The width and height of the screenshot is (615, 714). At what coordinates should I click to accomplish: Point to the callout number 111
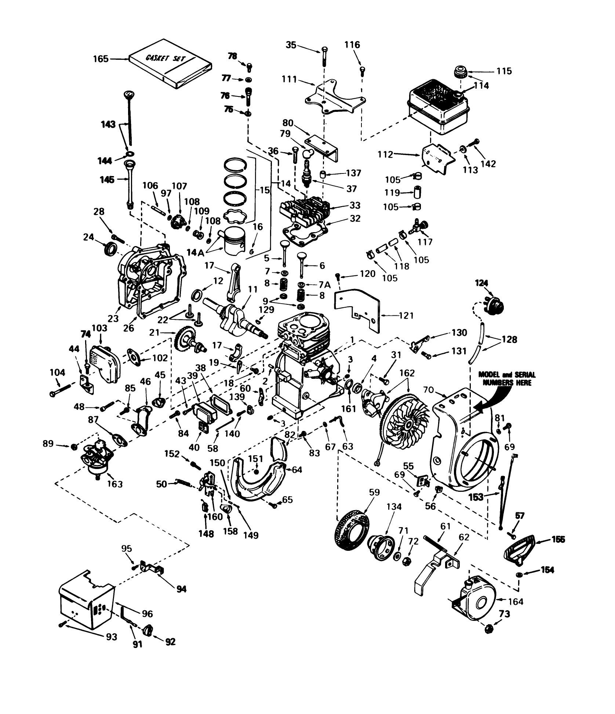(x=290, y=79)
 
